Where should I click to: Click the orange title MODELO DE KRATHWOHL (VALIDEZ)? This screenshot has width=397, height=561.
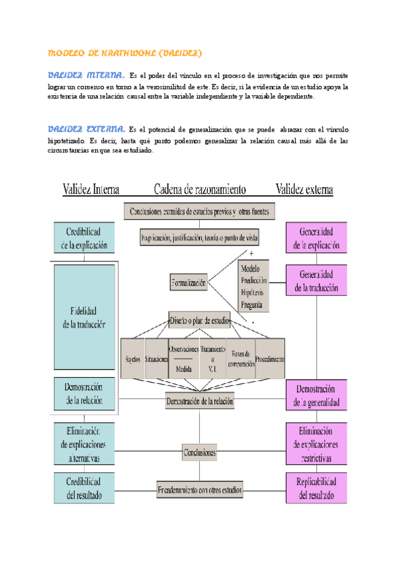126,52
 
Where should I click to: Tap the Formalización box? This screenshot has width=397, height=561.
189,283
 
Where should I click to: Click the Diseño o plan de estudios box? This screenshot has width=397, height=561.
199,321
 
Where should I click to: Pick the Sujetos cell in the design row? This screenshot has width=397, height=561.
132,359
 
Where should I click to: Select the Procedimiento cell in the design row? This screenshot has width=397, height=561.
270,359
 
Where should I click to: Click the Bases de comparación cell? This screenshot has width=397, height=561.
242,359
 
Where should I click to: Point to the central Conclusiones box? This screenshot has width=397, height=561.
199,453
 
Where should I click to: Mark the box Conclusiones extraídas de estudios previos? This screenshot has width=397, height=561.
199,212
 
